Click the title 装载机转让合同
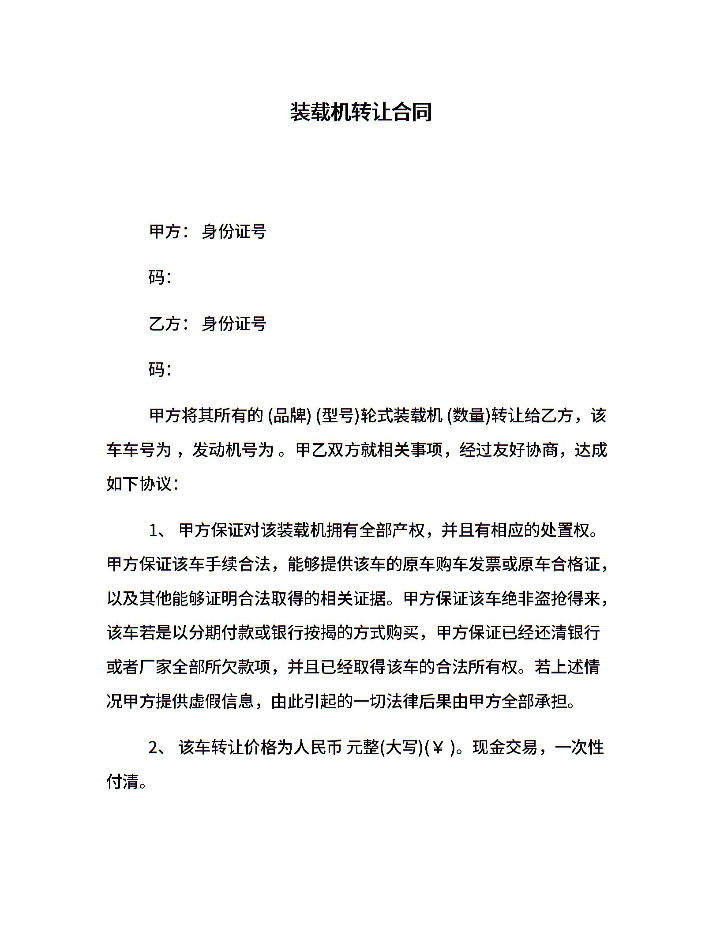coord(360,112)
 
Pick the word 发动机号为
coord(233,450)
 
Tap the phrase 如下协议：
coord(142,484)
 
